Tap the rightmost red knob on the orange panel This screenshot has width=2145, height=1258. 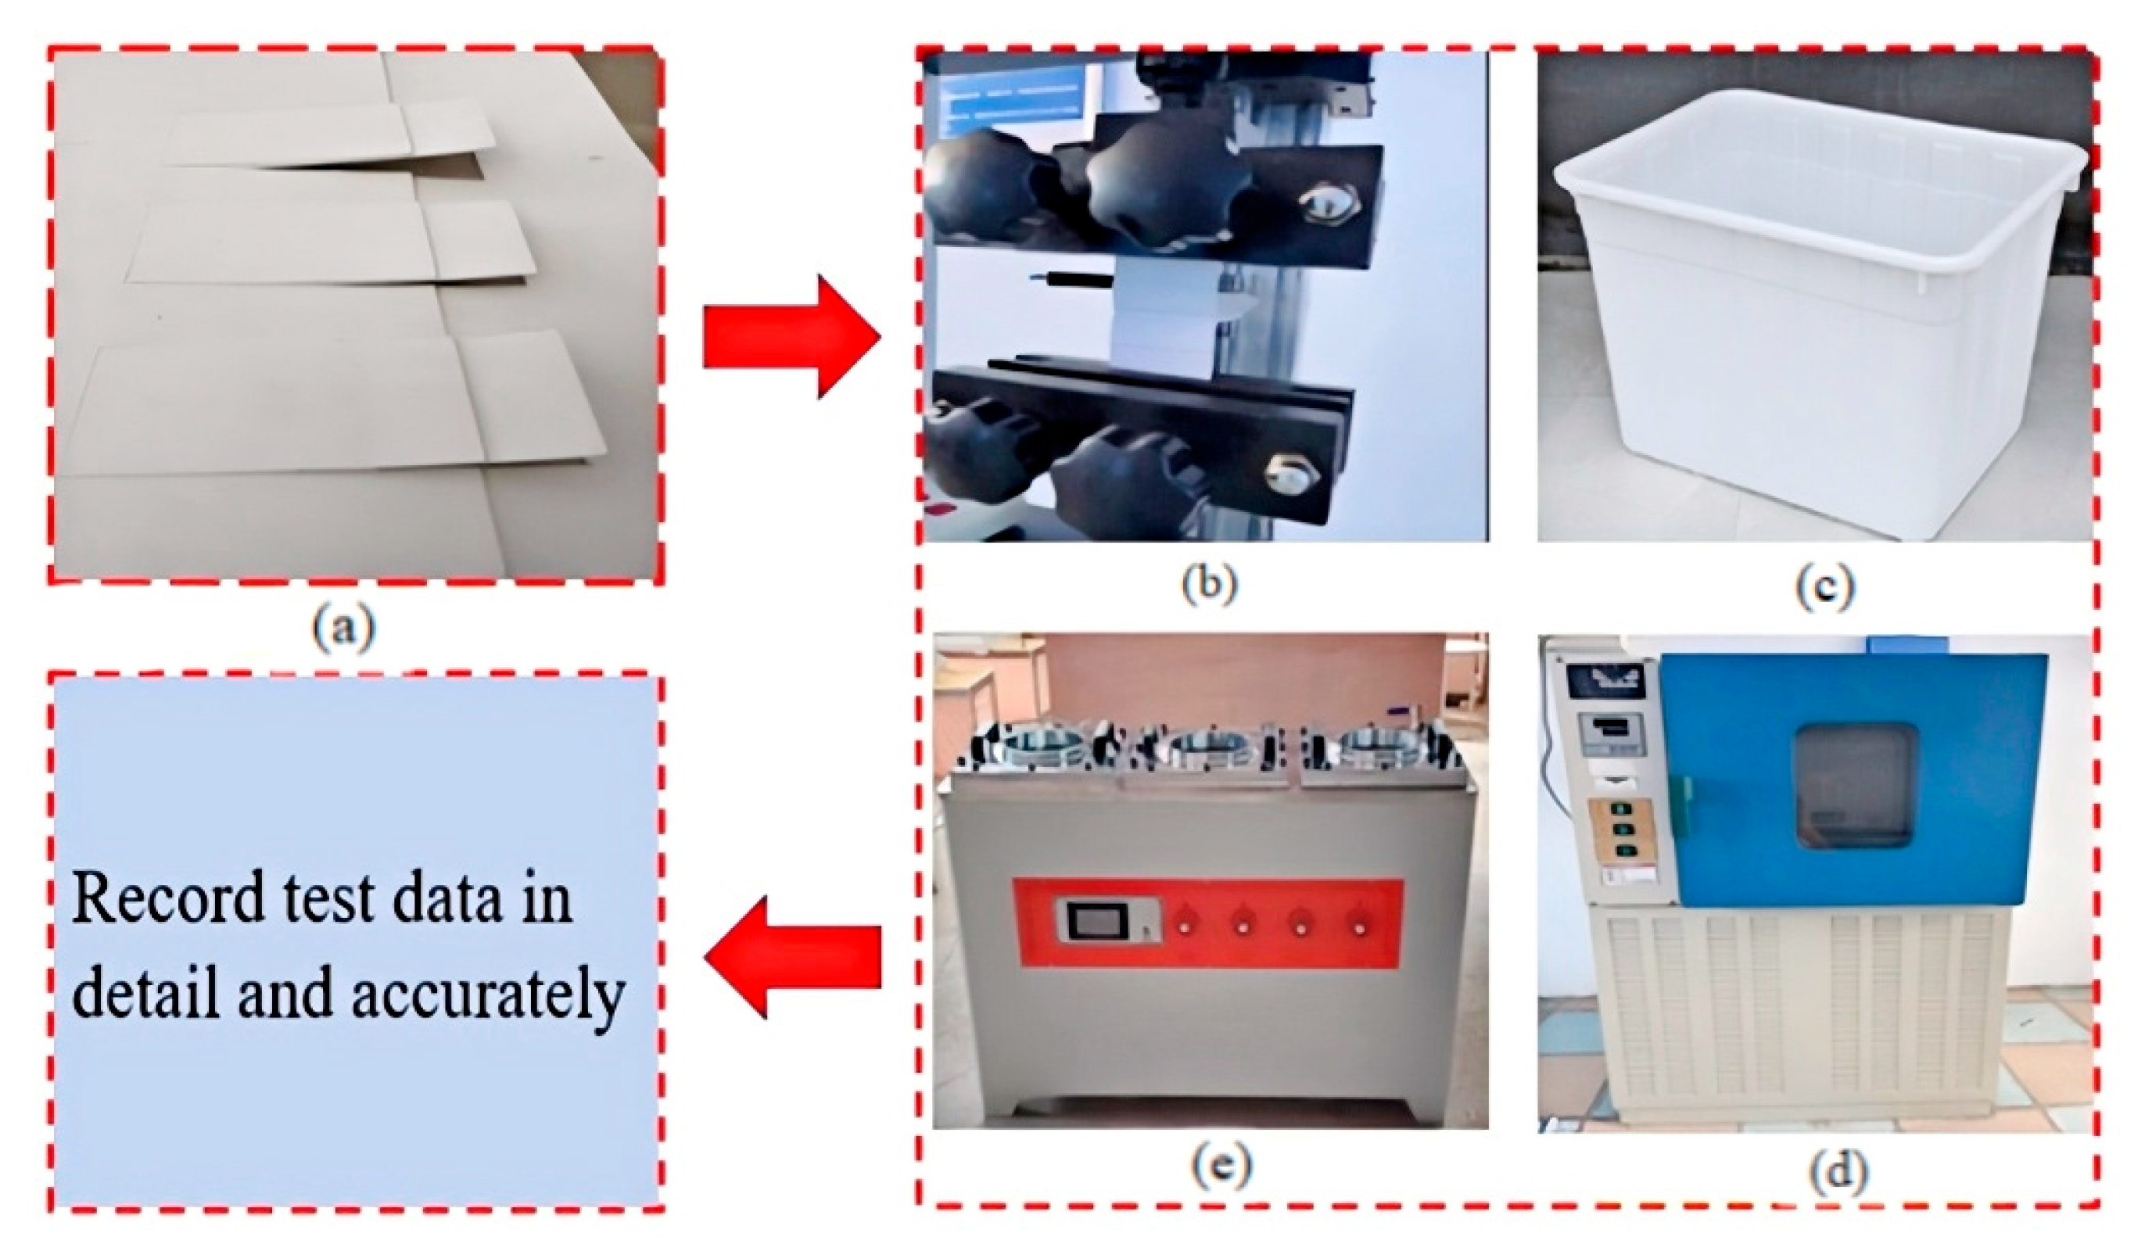pyautogui.click(x=1360, y=925)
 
